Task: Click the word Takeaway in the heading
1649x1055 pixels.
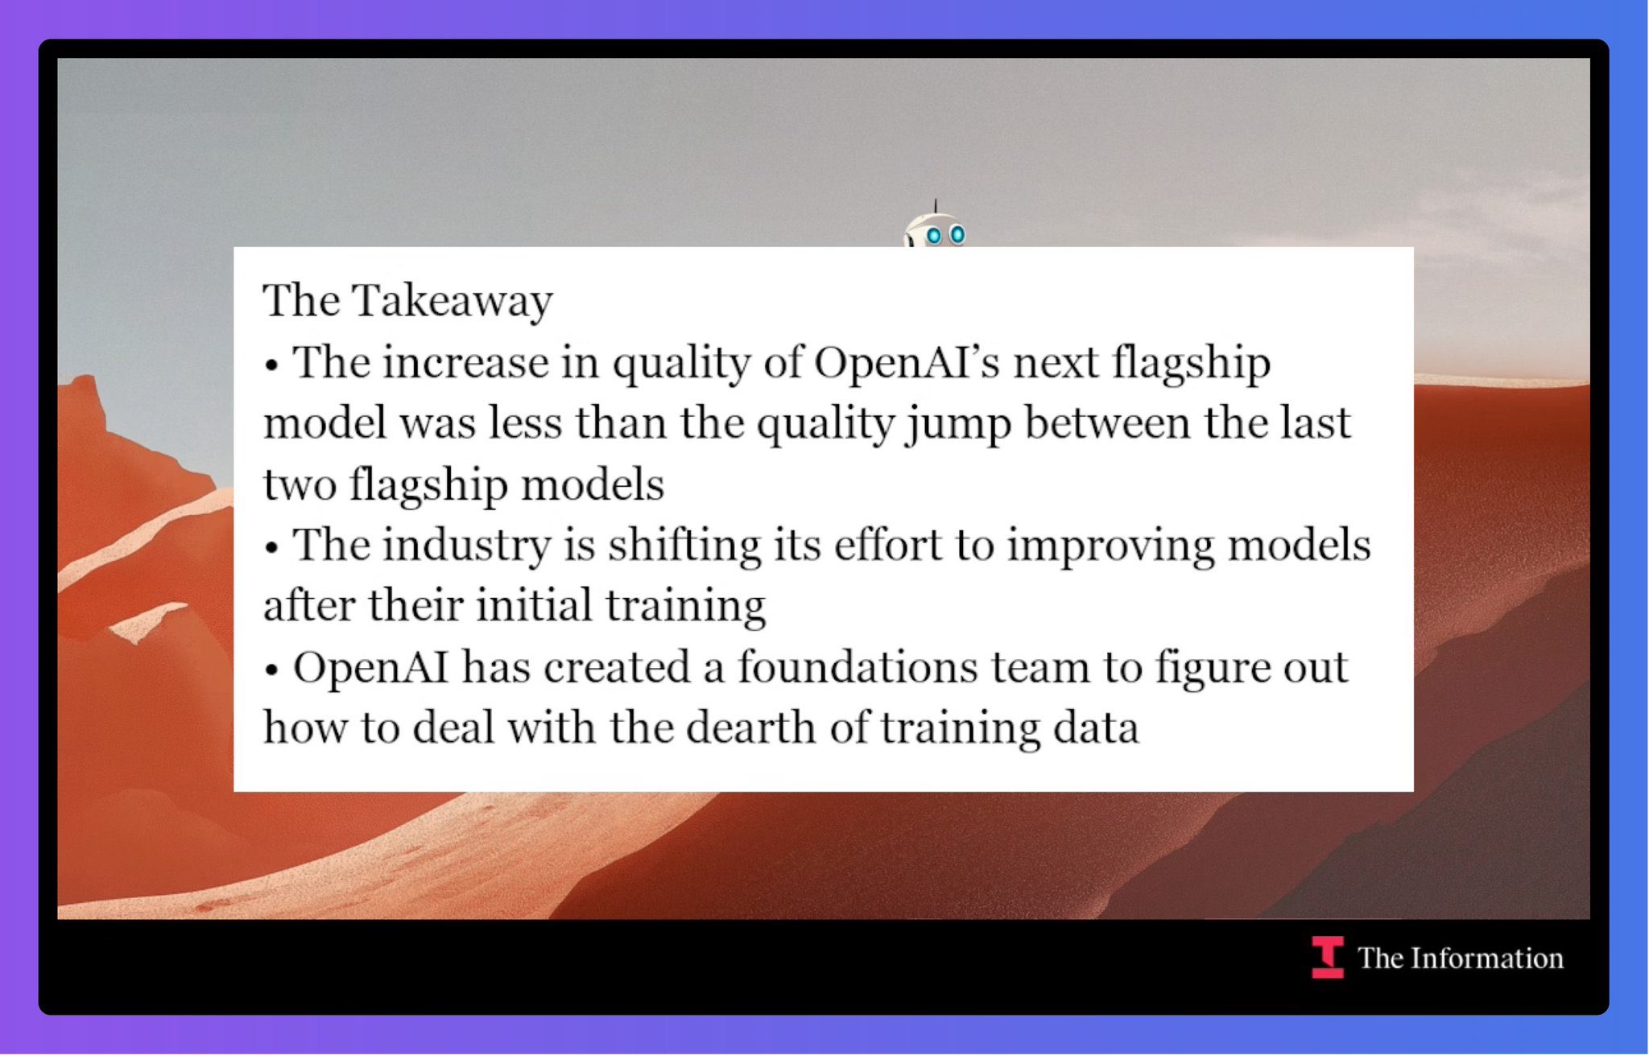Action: click(x=453, y=302)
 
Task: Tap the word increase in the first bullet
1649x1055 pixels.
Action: click(x=465, y=362)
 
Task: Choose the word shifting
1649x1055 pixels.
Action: click(x=684, y=546)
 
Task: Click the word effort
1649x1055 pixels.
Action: click(x=887, y=545)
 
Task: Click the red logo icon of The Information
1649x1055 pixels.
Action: click(x=1327, y=958)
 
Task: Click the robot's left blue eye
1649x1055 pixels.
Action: click(x=933, y=236)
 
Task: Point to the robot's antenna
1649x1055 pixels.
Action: click(x=935, y=207)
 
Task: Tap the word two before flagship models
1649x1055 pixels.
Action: click(x=300, y=486)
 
